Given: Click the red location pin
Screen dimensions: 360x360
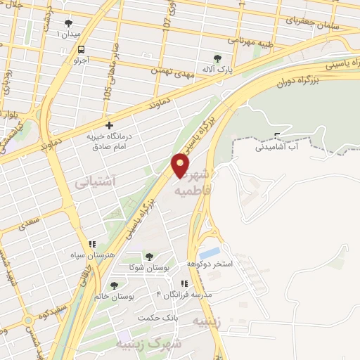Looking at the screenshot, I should [x=181, y=165].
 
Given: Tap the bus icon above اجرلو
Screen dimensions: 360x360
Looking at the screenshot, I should [x=81, y=50].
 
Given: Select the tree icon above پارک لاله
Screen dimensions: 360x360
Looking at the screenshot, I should [x=217, y=59].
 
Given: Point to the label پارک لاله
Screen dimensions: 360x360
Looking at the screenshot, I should [x=219, y=70].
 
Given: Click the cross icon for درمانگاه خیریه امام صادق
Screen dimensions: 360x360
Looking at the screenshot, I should [x=109, y=125].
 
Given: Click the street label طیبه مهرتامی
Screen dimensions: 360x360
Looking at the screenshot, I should [x=264, y=41].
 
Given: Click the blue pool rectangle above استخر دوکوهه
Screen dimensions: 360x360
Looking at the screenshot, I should [x=210, y=252].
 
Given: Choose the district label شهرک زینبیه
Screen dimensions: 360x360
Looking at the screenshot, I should [x=156, y=342].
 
